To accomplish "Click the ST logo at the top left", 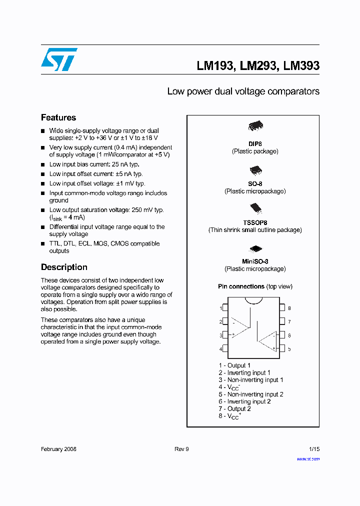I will tap(59, 59).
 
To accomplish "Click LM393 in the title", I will tap(301, 65).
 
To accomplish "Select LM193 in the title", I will tap(215, 65).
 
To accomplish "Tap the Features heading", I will tap(58, 117).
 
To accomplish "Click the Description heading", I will tap(64, 267).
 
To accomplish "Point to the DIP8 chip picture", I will tap(255, 126).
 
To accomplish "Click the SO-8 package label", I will tap(255, 184).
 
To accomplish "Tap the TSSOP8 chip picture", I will tap(255, 208).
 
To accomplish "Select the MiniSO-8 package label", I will tap(255, 261).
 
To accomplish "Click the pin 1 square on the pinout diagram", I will tap(225, 308).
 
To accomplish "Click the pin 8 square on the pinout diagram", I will tap(282, 308).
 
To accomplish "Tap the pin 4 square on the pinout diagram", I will tap(225, 348).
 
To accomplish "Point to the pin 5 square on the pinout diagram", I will tap(282, 348).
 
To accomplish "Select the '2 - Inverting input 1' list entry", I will tap(244, 372).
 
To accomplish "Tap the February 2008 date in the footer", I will tap(58, 449).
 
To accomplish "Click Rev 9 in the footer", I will tap(181, 449).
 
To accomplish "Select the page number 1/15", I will tap(314, 449).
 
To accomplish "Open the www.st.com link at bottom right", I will tap(308, 459).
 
